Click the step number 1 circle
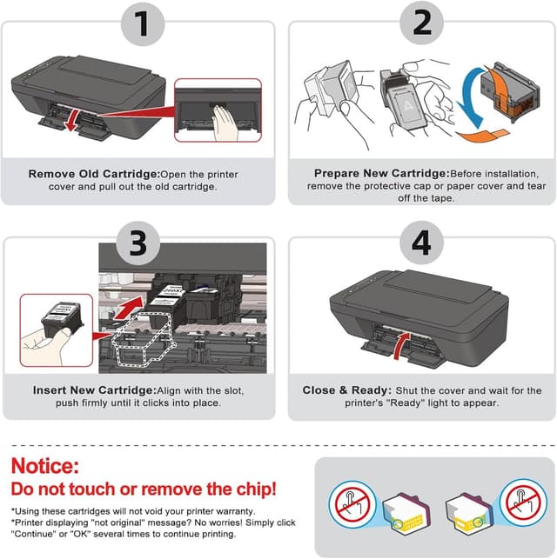click(143, 23)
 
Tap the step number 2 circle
click(421, 22)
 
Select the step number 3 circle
click(138, 243)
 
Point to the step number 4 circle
click(421, 243)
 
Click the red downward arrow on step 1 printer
click(72, 120)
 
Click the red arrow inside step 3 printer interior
click(128, 308)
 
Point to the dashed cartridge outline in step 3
click(144, 340)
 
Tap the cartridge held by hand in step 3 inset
click(62, 318)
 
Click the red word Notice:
click(45, 466)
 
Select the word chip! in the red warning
click(257, 489)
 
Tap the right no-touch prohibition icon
click(523, 502)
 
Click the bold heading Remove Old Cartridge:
click(94, 174)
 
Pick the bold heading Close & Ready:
click(347, 390)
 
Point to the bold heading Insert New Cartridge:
click(95, 390)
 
